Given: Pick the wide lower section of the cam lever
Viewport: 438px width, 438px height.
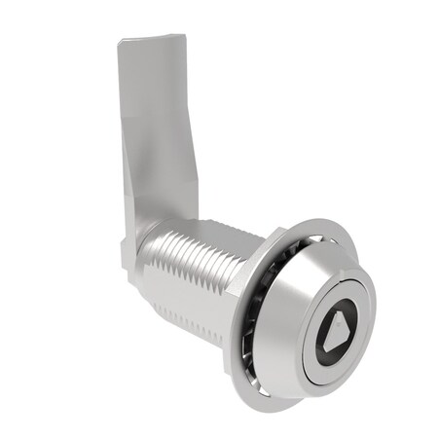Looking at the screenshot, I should point(156,195).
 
